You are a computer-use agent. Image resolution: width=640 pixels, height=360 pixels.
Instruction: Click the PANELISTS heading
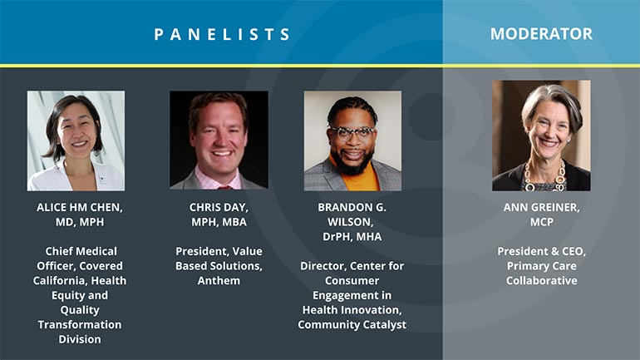click(x=222, y=34)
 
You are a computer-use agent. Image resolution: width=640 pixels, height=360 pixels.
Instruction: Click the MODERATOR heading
click(x=541, y=34)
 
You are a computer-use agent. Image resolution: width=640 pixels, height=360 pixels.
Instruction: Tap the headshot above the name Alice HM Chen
click(x=76, y=141)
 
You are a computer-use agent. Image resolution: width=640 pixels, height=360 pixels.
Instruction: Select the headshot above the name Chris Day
click(x=219, y=140)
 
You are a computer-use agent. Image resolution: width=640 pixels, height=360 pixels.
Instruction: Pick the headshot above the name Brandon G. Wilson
click(x=352, y=141)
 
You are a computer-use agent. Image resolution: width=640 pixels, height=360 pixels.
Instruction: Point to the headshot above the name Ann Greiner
click(x=541, y=136)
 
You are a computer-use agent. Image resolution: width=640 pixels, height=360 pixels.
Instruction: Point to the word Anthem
click(x=219, y=281)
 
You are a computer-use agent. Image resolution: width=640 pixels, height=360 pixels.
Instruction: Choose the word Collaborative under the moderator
click(x=542, y=281)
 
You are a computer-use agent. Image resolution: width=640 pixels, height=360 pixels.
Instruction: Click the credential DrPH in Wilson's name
click(x=337, y=237)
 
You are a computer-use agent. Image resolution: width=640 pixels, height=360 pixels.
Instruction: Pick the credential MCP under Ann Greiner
click(x=542, y=222)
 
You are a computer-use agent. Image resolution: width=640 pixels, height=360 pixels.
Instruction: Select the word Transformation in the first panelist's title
click(x=80, y=325)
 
